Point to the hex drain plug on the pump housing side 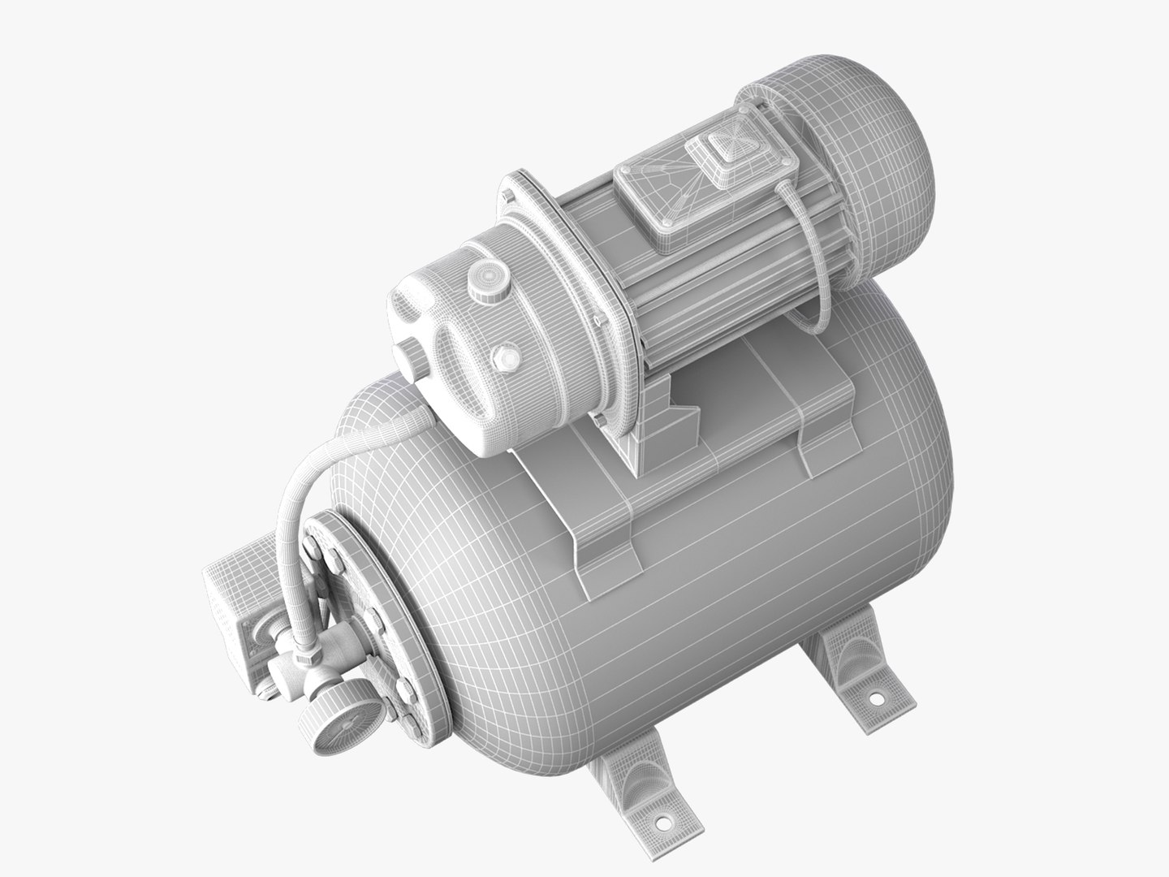click(x=507, y=355)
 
